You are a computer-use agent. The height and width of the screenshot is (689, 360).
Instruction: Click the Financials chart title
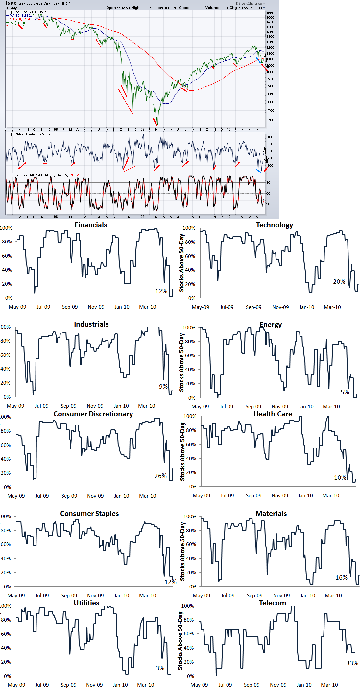pyautogui.click(x=91, y=225)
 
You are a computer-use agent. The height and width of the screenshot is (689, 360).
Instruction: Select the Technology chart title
pyautogui.click(x=275, y=225)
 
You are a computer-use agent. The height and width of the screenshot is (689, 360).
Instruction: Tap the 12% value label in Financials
pyautogui.click(x=161, y=291)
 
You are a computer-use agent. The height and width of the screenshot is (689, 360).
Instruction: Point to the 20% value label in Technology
pyautogui.click(x=339, y=282)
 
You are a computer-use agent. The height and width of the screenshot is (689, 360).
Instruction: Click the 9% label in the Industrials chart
pyautogui.click(x=163, y=387)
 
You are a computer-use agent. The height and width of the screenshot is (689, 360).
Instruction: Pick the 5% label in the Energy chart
pyautogui.click(x=345, y=392)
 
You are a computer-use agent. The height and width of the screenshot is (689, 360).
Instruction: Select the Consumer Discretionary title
pyautogui.click(x=93, y=414)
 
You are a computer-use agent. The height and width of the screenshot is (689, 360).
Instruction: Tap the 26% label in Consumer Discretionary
pyautogui.click(x=160, y=476)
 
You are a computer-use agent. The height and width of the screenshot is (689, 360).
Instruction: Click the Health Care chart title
pyautogui.click(x=273, y=414)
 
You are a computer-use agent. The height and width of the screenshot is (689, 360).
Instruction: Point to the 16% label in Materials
pyautogui.click(x=341, y=578)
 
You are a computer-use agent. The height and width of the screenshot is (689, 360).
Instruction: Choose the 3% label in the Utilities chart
pyautogui.click(x=160, y=668)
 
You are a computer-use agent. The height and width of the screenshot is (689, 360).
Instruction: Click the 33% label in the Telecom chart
pyautogui.click(x=352, y=663)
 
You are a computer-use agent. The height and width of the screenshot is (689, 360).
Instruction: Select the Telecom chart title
pyautogui.click(x=272, y=603)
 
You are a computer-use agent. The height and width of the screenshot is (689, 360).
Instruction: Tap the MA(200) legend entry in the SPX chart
pyautogui.click(x=22, y=19)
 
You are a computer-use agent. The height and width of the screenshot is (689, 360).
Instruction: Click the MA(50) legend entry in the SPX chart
pyautogui.click(x=21, y=16)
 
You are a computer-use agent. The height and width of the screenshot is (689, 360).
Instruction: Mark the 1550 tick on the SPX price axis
pyautogui.click(x=270, y=13)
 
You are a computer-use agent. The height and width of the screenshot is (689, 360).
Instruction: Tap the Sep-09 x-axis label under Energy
pyautogui.click(x=253, y=407)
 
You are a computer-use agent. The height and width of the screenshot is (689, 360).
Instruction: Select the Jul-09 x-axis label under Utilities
pyautogui.click(x=42, y=685)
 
